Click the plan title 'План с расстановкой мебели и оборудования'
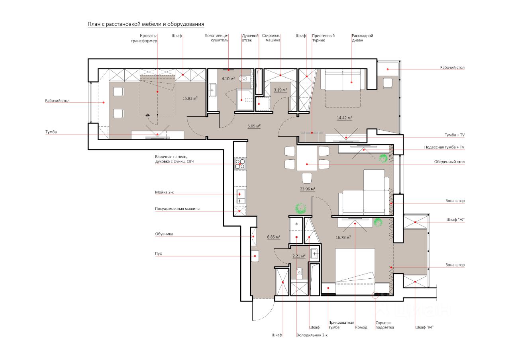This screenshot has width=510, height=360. (x=146, y=24)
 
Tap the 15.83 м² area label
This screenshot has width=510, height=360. (x=190, y=98)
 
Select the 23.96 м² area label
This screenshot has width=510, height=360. (x=307, y=189)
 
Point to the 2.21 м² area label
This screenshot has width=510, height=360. (x=299, y=256)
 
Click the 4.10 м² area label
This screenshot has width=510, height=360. (x=228, y=79)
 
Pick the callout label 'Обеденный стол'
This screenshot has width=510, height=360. (x=449, y=162)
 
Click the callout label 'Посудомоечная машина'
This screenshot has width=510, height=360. (x=177, y=209)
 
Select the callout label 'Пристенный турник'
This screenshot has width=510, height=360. (x=323, y=38)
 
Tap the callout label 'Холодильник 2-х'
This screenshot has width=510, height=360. (x=312, y=335)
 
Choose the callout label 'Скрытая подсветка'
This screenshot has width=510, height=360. (x=384, y=325)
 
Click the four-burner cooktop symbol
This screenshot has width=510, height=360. (x=240, y=164)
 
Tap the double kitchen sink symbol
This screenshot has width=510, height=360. (x=240, y=196)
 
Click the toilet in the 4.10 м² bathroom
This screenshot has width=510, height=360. (x=243, y=79)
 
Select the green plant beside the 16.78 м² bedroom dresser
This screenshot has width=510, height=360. (x=378, y=223)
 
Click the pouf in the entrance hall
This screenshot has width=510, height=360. (x=255, y=256)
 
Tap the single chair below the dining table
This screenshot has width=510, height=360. (x=307, y=178)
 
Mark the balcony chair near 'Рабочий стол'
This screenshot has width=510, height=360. (x=388, y=83)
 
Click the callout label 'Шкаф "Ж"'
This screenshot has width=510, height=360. (x=455, y=220)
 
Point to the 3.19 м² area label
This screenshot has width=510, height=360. (x=280, y=90)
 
